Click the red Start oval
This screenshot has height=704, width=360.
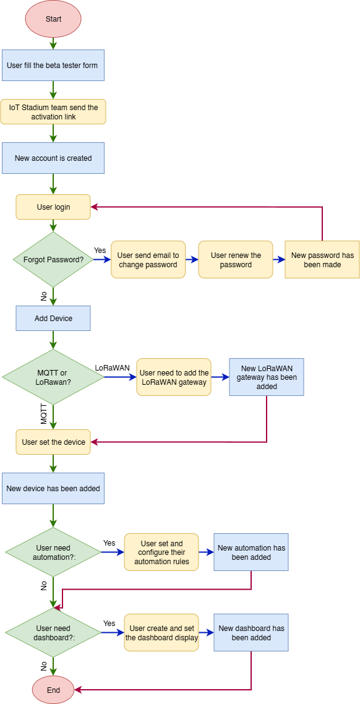tap(53, 19)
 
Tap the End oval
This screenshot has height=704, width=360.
tap(53, 689)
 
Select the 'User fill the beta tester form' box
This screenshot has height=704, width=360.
tap(53, 65)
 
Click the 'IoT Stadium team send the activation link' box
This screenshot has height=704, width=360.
tap(53, 111)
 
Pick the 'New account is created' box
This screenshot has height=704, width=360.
tap(53, 158)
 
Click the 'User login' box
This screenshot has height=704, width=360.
tap(53, 207)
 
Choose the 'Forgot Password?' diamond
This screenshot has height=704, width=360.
tap(53, 259)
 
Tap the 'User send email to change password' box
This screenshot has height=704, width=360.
tap(148, 259)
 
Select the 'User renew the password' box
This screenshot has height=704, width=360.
tap(236, 259)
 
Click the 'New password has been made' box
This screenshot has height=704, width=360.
tap(322, 259)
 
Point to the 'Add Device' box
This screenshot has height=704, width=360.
tap(53, 319)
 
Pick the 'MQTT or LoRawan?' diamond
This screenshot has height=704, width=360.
tap(53, 377)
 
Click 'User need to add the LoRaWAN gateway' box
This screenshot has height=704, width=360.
tap(174, 377)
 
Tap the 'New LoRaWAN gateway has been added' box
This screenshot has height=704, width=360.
tap(267, 377)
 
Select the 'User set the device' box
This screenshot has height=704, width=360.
tap(53, 442)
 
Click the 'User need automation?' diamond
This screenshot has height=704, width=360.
tap(53, 552)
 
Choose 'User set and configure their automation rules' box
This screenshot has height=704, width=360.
tap(161, 552)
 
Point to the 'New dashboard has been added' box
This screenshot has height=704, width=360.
tap(251, 633)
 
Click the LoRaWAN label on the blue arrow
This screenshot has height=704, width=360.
tap(112, 367)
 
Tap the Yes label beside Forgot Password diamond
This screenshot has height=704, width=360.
tap(100, 250)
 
